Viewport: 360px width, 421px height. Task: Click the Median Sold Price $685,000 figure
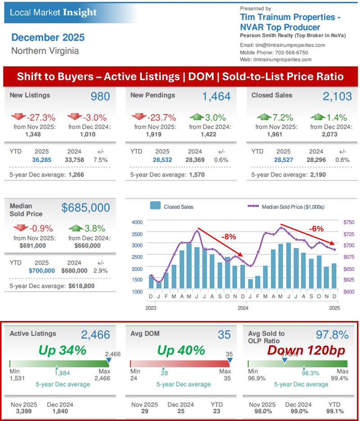pyautogui.click(x=85, y=208)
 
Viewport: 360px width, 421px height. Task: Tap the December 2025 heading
pyautogui.click(x=48, y=38)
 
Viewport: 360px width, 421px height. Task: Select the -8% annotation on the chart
pyautogui.click(x=228, y=236)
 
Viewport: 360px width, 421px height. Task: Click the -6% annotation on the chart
pyautogui.click(x=316, y=228)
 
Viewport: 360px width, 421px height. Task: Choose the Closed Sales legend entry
pyautogui.click(x=173, y=207)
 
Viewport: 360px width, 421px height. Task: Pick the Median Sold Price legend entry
pyautogui.click(x=286, y=207)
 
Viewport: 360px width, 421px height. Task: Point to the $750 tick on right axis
pyautogui.click(x=349, y=222)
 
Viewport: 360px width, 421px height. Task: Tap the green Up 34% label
pyautogui.click(x=62, y=349)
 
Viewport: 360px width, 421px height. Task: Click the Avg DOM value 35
pyautogui.click(x=224, y=335)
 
